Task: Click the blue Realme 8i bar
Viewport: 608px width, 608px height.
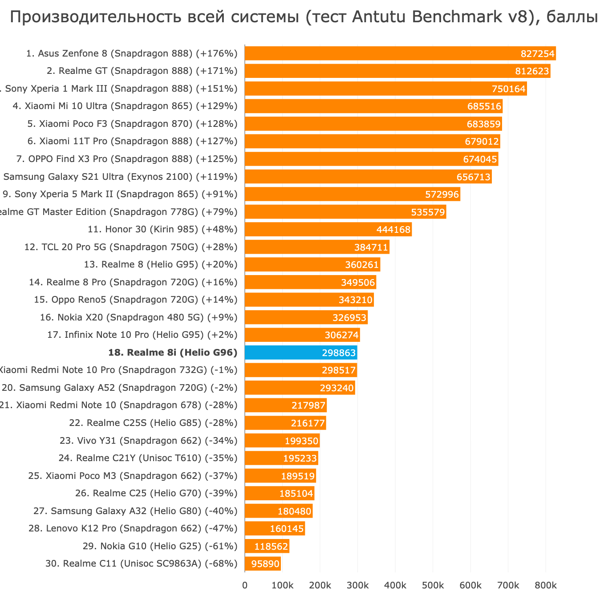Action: click(x=301, y=353)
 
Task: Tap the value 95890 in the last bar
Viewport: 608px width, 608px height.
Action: click(x=265, y=564)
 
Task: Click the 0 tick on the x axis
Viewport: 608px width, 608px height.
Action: click(x=245, y=585)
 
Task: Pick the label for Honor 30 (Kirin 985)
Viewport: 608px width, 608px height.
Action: click(x=162, y=229)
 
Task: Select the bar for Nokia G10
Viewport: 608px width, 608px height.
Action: click(x=267, y=546)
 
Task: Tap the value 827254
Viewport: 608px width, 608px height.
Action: click(x=538, y=54)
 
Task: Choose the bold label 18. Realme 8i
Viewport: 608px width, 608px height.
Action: click(x=173, y=353)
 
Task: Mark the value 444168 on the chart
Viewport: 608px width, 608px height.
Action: click(x=393, y=230)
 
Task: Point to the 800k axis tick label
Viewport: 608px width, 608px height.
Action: click(x=546, y=585)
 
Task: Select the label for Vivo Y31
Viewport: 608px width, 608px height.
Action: click(x=148, y=441)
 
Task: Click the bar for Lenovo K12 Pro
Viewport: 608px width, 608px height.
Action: click(x=275, y=528)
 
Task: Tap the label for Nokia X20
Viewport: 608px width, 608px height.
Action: click(x=138, y=317)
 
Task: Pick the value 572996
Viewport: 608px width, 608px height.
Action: click(x=442, y=195)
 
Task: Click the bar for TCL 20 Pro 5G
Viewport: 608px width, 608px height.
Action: click(x=317, y=247)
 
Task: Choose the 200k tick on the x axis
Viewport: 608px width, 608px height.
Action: click(x=320, y=585)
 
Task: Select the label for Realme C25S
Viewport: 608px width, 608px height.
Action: click(x=153, y=423)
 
